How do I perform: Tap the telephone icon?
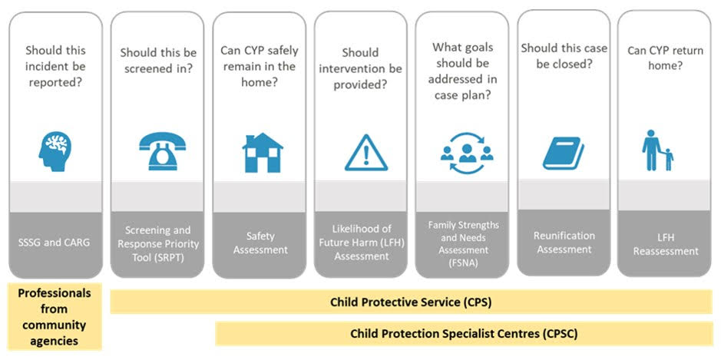pos(162,151)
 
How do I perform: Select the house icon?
pos(263,153)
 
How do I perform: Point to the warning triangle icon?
pos(366,153)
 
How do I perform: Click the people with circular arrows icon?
pos(467,153)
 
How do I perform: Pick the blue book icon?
pos(564,153)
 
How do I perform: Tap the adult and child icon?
pos(657,150)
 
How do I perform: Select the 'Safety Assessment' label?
pos(260,243)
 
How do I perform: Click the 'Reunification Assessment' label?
pos(564,243)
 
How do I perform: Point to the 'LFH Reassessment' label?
pos(666,245)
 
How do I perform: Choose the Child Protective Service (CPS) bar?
pos(411,302)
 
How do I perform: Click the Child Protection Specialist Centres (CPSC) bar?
pos(464,333)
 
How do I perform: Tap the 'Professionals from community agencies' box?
pos(55,317)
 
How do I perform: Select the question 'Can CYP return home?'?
pos(666,58)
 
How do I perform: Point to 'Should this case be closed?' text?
pos(564,56)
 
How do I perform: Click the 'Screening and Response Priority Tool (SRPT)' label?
pos(158,243)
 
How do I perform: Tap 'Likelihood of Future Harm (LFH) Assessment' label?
pos(362,243)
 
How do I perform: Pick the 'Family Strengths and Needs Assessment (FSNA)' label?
pos(463,244)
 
